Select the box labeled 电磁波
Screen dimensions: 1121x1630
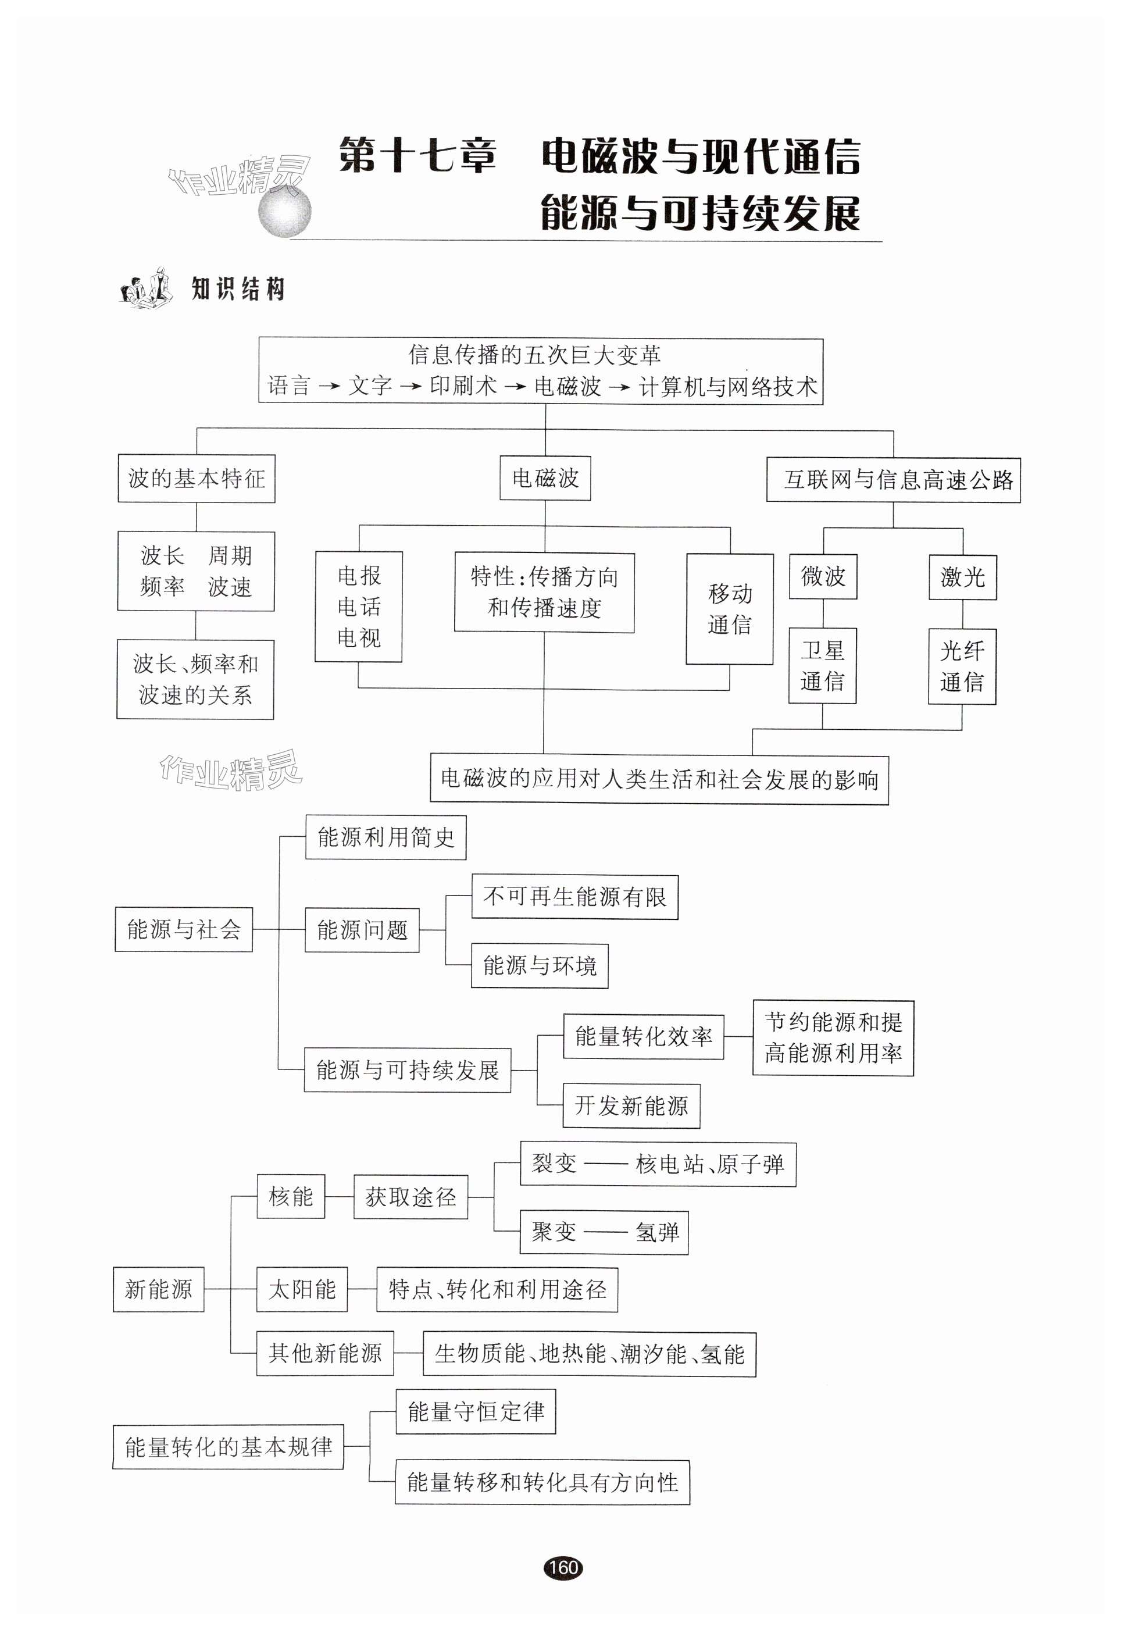coord(545,478)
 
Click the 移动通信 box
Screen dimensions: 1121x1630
coord(729,609)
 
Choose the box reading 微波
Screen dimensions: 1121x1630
coord(823,576)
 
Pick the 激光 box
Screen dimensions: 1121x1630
coord(962,577)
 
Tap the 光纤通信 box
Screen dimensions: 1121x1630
coord(962,666)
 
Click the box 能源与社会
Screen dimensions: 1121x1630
coord(183,929)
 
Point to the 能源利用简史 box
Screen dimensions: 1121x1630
coord(385,837)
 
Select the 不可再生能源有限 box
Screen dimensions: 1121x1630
coord(574,897)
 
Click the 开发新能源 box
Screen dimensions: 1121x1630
coord(631,1106)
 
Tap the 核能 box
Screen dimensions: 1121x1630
coord(290,1197)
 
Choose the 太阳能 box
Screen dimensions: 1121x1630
coord(302,1289)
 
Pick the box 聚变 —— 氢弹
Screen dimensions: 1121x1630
coord(604,1232)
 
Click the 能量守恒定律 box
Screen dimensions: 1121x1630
coord(476,1411)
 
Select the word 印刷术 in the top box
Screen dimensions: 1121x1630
coord(463,386)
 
